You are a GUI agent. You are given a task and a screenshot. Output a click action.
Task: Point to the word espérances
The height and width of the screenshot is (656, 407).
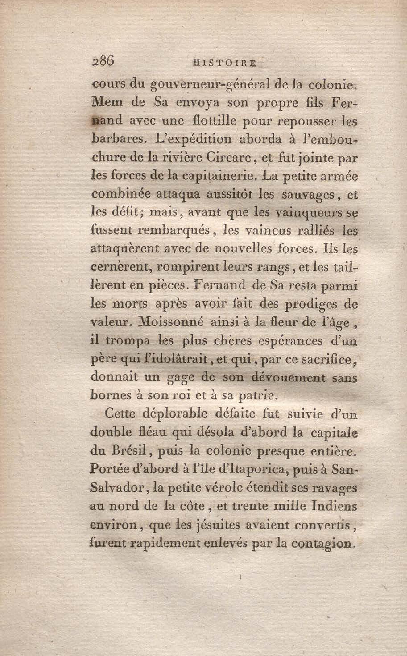click(x=290, y=341)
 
